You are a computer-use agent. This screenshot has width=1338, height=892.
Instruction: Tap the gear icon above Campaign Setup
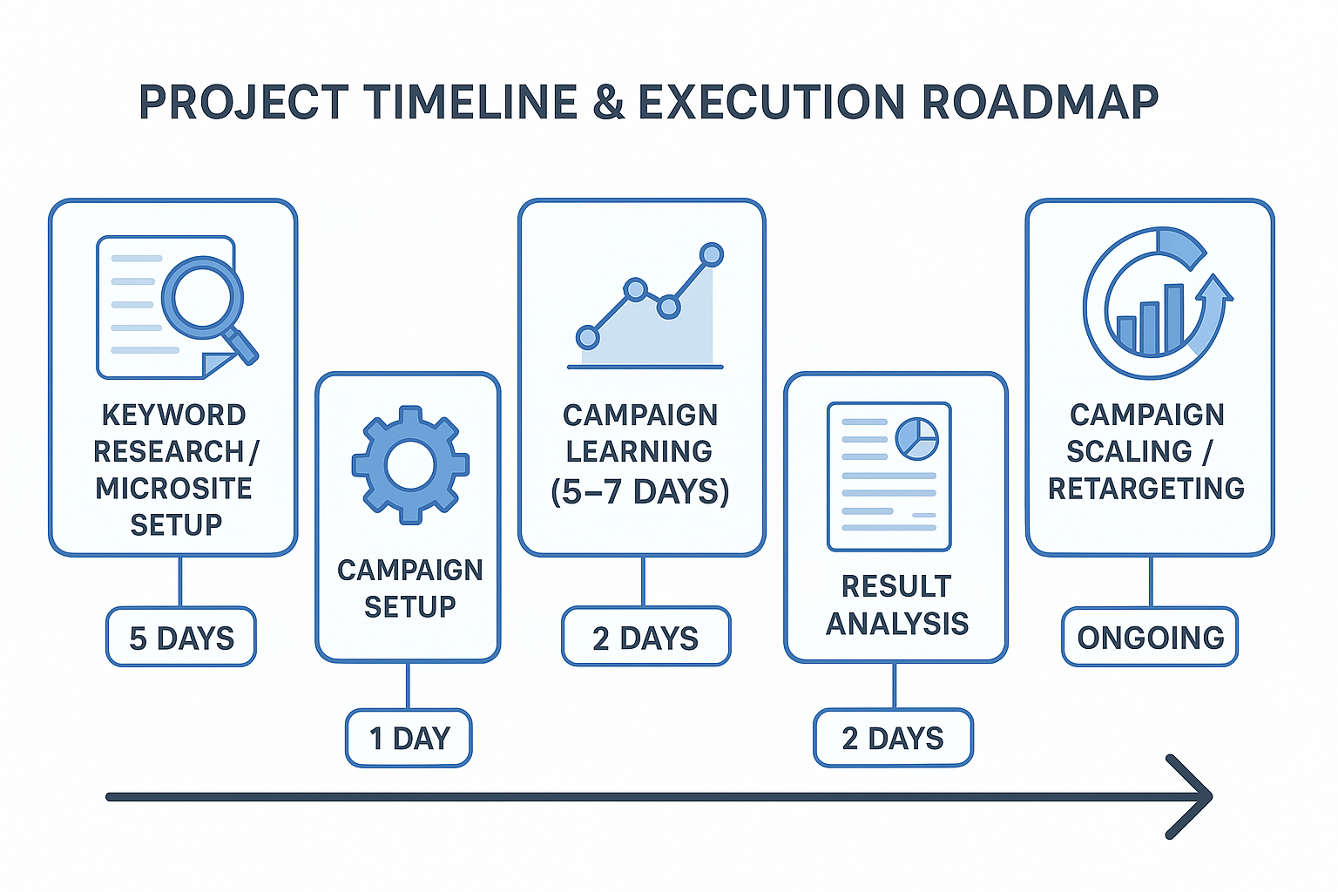[x=410, y=464]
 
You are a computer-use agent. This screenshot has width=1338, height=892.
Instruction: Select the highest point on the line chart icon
[x=712, y=254]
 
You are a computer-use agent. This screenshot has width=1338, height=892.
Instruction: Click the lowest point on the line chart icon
[x=588, y=337]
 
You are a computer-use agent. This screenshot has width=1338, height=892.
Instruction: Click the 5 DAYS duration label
[x=181, y=638]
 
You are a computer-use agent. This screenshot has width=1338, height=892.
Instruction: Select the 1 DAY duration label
[x=409, y=739]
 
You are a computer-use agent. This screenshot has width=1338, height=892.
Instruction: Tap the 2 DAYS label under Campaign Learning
[x=645, y=638]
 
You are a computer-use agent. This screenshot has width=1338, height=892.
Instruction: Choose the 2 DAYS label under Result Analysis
[x=893, y=739]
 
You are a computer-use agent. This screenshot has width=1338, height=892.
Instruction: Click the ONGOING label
[x=1150, y=638]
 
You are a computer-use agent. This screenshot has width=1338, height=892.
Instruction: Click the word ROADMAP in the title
[x=1039, y=103]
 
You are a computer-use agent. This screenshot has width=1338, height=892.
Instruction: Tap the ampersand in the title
[x=608, y=103]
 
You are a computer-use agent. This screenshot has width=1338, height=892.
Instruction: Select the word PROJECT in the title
[x=244, y=103]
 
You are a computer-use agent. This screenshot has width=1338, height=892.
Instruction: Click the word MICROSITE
[x=174, y=489]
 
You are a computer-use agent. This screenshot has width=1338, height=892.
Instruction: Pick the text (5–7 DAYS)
[x=640, y=491]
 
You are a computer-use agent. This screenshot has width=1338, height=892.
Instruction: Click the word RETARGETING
[x=1146, y=489]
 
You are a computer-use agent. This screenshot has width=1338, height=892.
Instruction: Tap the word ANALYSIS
[x=897, y=624]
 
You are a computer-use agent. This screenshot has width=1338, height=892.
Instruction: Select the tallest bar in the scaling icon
[x=1174, y=319]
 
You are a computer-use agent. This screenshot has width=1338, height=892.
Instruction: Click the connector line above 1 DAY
[x=408, y=686]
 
